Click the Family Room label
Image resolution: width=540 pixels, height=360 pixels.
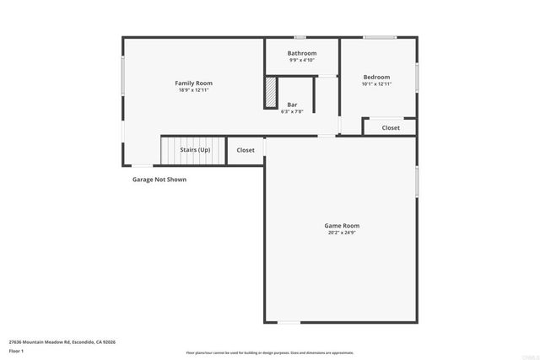coord(193,83)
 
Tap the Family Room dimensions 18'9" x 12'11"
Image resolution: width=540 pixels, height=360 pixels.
coord(193,90)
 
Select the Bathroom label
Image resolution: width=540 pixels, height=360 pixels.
coord(301,53)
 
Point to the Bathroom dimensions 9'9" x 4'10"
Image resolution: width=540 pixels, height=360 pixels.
coord(301,61)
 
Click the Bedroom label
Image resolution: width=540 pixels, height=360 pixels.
coord(377,76)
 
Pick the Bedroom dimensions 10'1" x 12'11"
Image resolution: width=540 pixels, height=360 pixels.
coord(377,83)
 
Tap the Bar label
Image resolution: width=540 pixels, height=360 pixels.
coord(292,105)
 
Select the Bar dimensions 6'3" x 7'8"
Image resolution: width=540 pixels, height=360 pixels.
coord(292,111)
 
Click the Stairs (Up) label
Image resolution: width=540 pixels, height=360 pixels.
coord(195,149)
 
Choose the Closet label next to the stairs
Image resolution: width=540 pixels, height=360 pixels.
coord(246,150)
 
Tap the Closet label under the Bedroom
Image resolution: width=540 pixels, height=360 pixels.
coord(391,128)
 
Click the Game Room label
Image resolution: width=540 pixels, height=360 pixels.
coord(343,225)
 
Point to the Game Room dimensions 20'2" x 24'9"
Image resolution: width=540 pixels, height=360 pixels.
coord(343,233)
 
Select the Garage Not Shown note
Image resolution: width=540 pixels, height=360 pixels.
coord(159,180)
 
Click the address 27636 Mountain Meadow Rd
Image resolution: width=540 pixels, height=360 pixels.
coord(62,341)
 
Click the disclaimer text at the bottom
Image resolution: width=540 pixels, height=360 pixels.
coord(270,353)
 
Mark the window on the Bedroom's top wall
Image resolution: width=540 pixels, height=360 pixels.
coord(380,37)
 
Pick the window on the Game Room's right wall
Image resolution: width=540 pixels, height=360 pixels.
coord(417,181)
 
